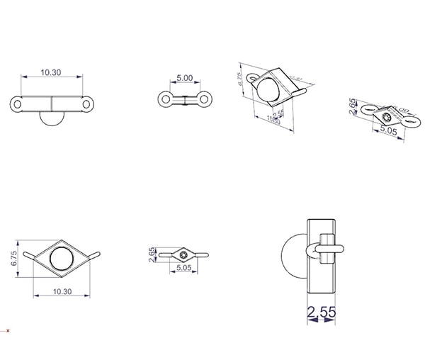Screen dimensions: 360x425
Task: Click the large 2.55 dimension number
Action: (322, 311)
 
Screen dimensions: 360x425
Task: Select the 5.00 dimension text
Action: (184, 77)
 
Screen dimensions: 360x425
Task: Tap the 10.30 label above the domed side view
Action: (51, 72)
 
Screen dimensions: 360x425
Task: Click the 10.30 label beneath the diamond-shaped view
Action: (62, 291)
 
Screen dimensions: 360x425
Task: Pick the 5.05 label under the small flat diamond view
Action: (183, 269)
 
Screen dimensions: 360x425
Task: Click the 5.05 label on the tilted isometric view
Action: (388, 131)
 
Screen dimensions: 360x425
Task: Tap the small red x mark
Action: (8, 330)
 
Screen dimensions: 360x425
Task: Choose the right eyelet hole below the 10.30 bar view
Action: (87, 104)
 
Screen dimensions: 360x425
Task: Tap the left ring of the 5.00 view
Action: (165, 99)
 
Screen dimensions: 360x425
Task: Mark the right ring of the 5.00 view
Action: (203, 99)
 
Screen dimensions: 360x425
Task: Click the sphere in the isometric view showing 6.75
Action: (270, 90)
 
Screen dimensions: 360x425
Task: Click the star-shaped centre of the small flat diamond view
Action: (184, 253)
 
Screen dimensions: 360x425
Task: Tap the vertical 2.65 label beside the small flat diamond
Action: (152, 254)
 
